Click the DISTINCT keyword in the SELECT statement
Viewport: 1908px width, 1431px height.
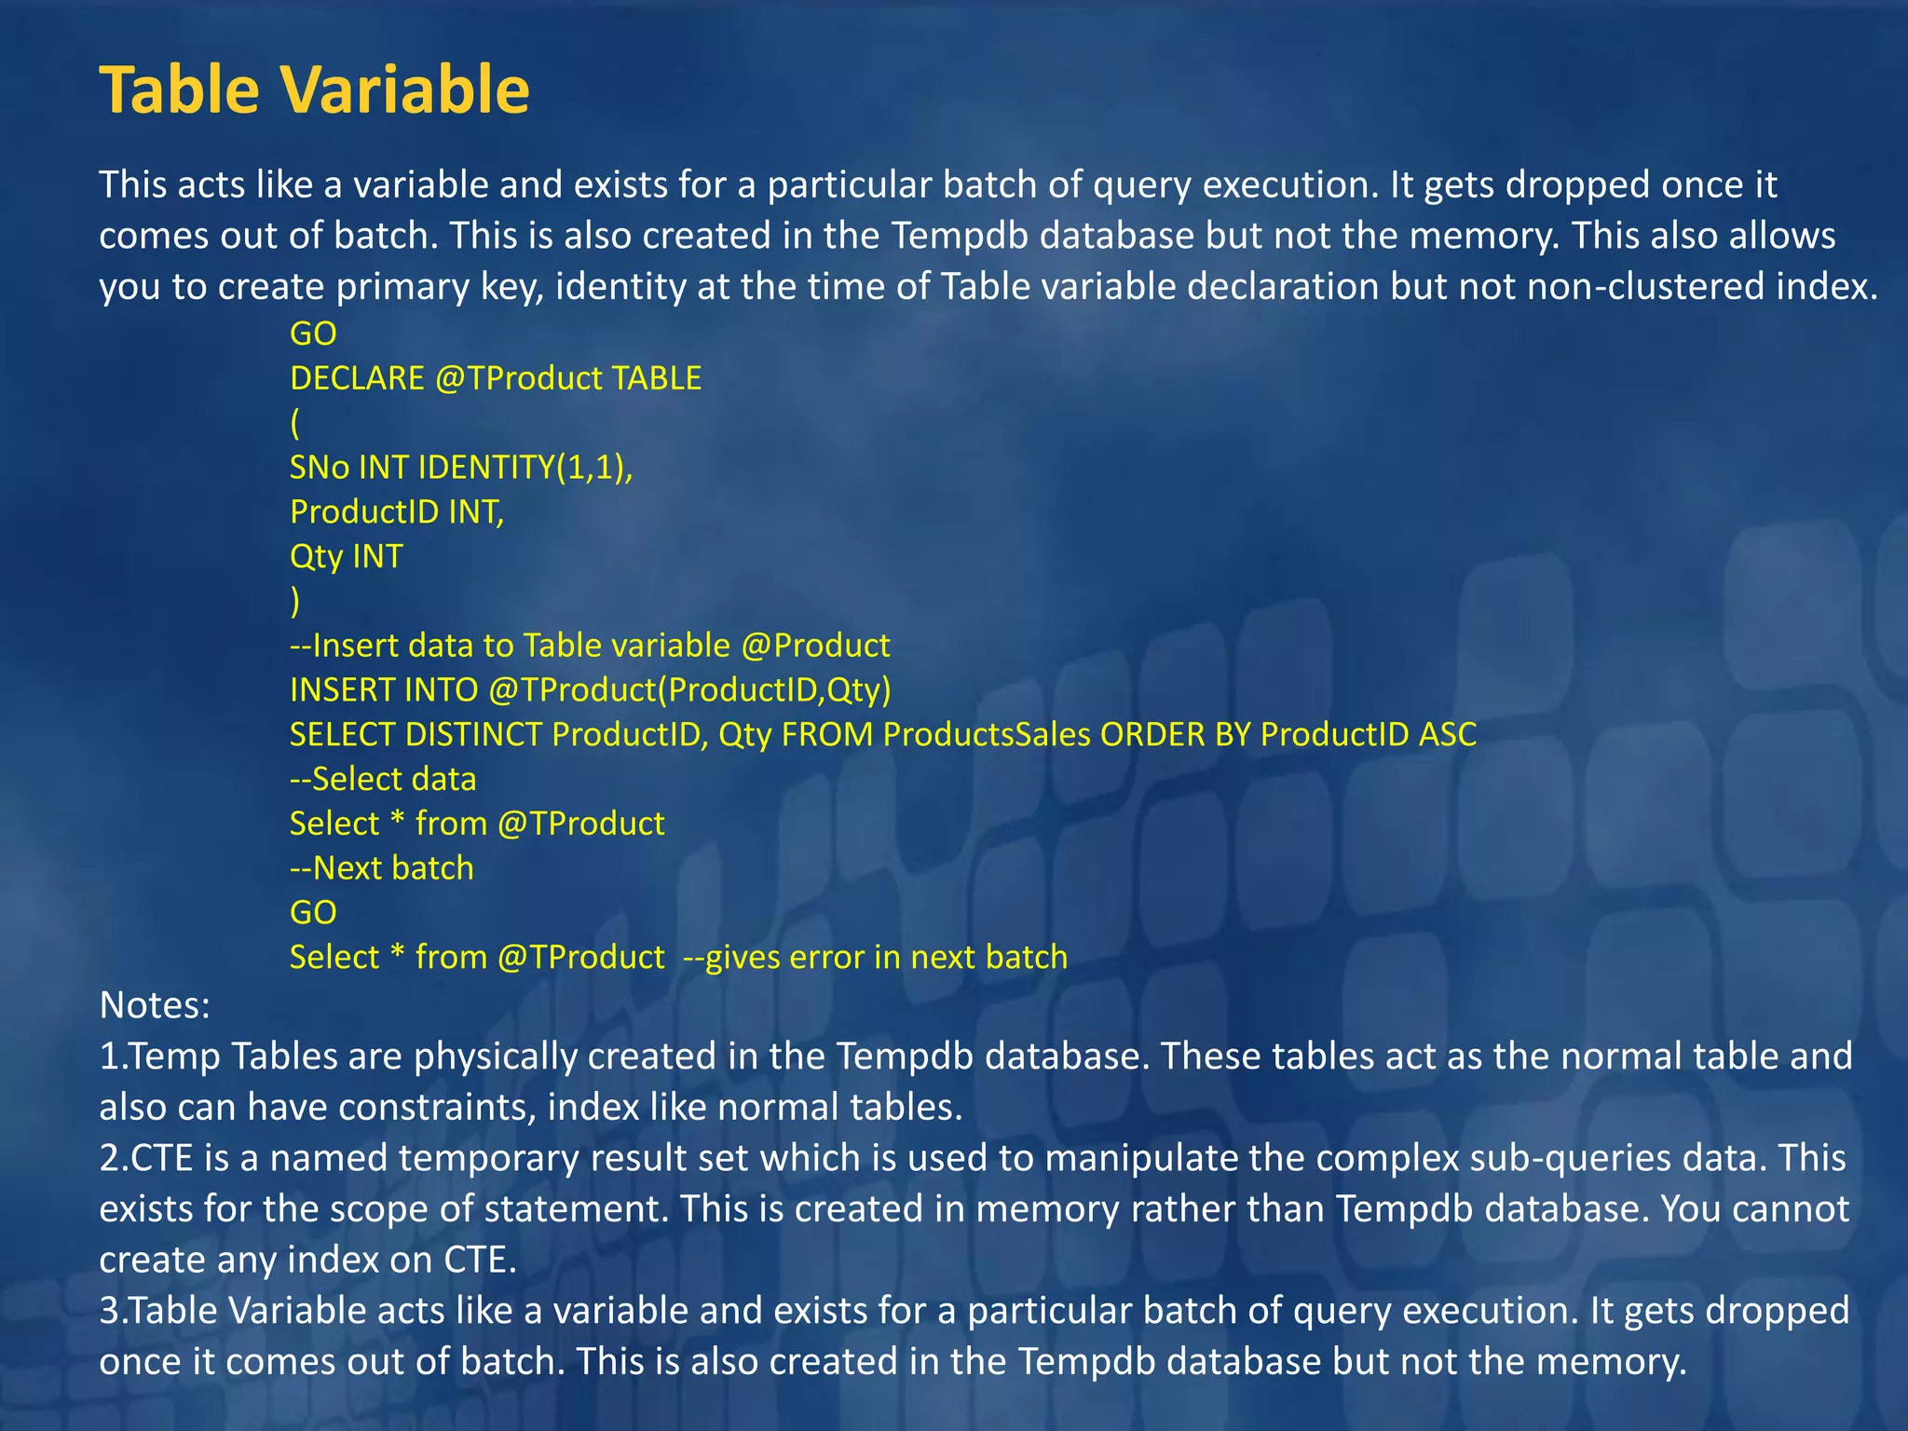pyautogui.click(x=473, y=735)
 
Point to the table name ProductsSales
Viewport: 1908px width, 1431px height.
pyautogui.click(x=987, y=735)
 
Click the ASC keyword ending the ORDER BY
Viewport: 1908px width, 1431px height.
pyautogui.click(x=1448, y=735)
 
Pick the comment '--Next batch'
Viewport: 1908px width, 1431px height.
pyautogui.click(x=382, y=868)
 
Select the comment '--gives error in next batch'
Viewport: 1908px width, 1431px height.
pyautogui.click(x=875, y=958)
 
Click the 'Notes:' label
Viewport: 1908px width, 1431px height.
pyautogui.click(x=155, y=1005)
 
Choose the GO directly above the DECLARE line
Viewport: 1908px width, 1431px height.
pyautogui.click(x=313, y=334)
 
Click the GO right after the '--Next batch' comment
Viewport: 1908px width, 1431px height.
pyautogui.click(x=313, y=913)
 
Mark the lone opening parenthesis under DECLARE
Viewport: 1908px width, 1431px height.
pyautogui.click(x=295, y=423)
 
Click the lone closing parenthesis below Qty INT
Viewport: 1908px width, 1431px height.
pyautogui.click(x=295, y=601)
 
